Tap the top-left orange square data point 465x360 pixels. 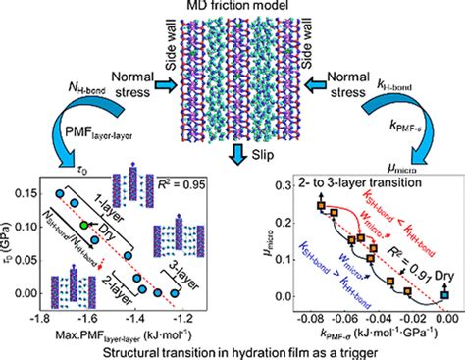[x=320, y=204]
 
